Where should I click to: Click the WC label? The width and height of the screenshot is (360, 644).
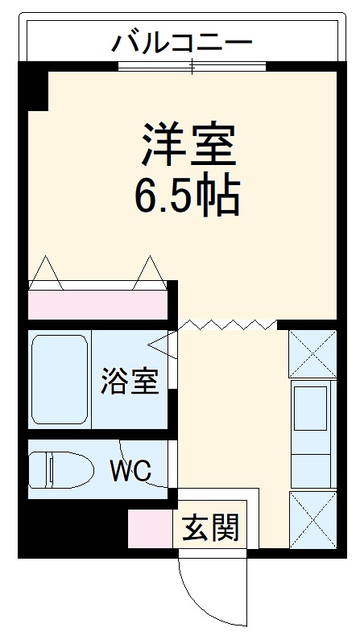(x=130, y=471)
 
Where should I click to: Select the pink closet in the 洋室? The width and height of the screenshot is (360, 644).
(x=97, y=303)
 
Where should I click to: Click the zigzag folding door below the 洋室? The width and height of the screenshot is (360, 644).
(x=227, y=324)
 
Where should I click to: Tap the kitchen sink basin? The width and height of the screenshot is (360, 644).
(x=311, y=408)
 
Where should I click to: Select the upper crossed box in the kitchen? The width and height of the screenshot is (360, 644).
(x=312, y=353)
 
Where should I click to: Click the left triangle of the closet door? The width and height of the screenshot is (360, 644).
(x=44, y=273)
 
